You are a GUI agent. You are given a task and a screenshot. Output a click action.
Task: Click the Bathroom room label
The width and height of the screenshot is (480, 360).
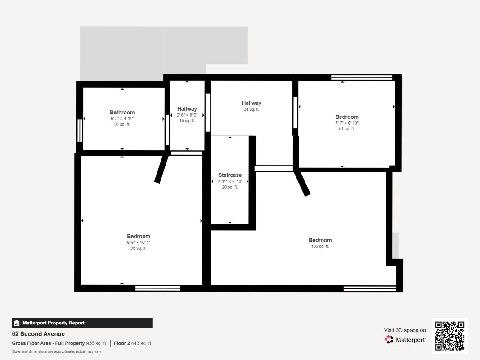(x=122, y=112)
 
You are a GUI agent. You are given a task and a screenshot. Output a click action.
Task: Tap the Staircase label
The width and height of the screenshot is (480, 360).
(x=230, y=175)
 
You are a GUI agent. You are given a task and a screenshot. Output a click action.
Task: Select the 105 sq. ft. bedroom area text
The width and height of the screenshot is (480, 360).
(x=320, y=247)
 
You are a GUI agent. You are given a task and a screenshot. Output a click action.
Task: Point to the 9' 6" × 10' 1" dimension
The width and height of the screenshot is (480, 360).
(x=139, y=242)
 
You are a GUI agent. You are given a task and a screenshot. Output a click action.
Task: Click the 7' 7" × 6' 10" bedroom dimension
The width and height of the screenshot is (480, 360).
(x=347, y=123)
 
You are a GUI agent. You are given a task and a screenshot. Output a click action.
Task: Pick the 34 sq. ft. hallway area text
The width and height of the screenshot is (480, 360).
(x=251, y=109)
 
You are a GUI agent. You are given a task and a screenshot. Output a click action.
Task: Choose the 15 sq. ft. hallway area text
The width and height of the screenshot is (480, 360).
(x=187, y=121)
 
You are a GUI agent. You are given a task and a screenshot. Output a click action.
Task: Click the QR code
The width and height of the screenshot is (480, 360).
(x=450, y=336)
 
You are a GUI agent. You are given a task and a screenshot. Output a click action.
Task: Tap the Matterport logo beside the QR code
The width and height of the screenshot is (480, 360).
(x=405, y=340)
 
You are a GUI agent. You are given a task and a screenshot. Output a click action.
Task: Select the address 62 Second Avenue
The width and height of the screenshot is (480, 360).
(x=38, y=334)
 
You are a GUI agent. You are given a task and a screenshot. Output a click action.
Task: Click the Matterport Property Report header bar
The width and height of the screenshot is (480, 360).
(x=82, y=323)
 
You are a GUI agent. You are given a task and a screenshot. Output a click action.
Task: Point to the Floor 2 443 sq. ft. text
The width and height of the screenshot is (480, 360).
(x=133, y=343)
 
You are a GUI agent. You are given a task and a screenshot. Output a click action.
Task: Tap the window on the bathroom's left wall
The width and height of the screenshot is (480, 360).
(x=80, y=130)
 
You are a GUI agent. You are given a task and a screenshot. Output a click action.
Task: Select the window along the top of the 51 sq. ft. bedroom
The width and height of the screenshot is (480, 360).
(x=362, y=77)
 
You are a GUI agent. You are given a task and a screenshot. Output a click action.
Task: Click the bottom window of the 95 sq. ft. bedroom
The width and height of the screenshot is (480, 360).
(x=157, y=288)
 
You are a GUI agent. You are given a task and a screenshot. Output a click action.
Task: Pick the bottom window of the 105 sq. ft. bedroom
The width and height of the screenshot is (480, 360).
(x=370, y=288)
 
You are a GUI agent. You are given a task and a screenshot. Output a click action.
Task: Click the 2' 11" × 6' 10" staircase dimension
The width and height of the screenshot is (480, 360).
(x=230, y=181)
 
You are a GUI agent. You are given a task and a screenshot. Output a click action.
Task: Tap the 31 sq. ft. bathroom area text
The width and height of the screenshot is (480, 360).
(x=122, y=124)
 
